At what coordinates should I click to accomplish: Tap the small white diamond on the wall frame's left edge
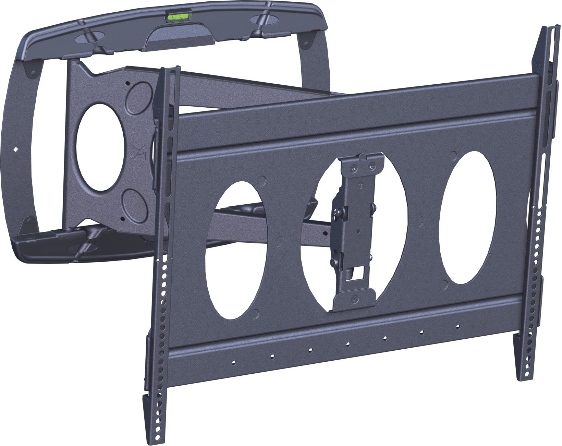click(15, 149)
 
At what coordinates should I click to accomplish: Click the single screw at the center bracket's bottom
click(355, 299)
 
